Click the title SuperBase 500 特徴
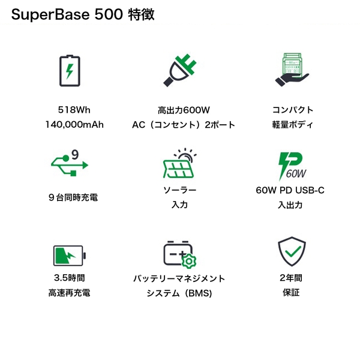pyautogui.click(x=83, y=15)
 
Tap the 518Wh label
pyautogui.click(x=74, y=110)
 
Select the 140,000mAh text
pyautogui.click(x=74, y=125)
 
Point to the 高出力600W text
pyautogui.click(x=184, y=110)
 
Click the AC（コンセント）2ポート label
pyautogui.click(x=184, y=125)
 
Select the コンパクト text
pyautogui.click(x=292, y=110)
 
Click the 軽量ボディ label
pyautogui.click(x=292, y=125)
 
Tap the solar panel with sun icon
pyautogui.click(x=179, y=162)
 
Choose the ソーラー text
pyautogui.click(x=180, y=190)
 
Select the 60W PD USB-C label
pyautogui.click(x=290, y=190)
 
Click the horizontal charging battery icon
pyautogui.click(x=69, y=256)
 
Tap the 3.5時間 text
pyautogui.click(x=69, y=278)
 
